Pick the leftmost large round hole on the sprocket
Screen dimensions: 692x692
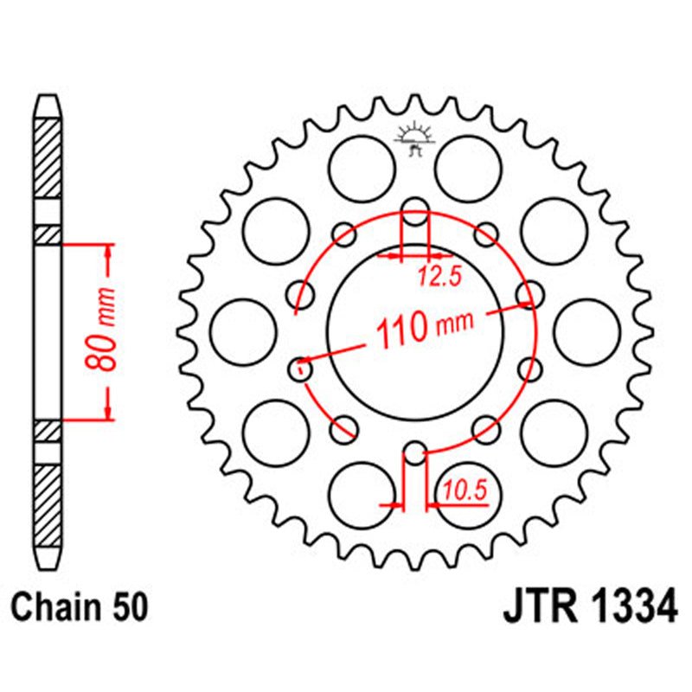pyautogui.click(x=243, y=331)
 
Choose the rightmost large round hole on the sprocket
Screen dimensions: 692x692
pyautogui.click(x=586, y=331)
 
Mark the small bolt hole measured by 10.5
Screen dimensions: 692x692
pyautogui.click(x=415, y=453)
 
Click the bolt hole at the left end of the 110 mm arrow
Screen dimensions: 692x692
pyautogui.click(x=301, y=369)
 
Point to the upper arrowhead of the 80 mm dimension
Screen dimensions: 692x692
pyautogui.click(x=108, y=250)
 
